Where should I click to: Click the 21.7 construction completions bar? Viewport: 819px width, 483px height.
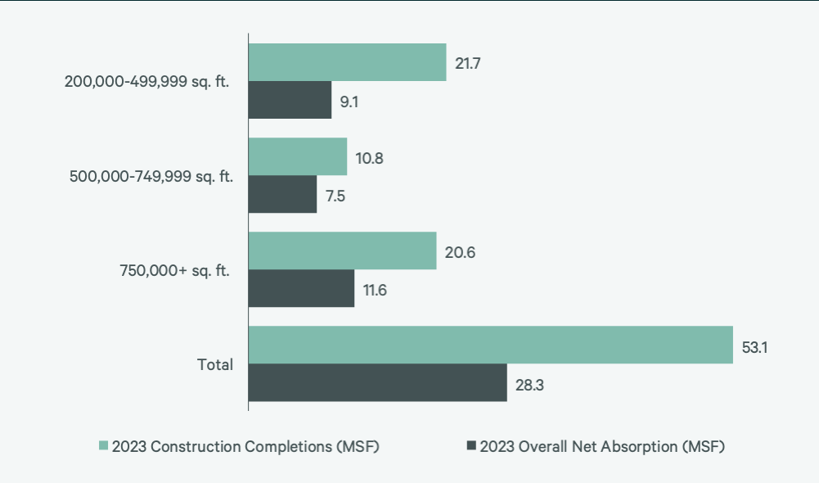tap(347, 62)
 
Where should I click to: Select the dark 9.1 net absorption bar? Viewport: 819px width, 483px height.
tap(290, 100)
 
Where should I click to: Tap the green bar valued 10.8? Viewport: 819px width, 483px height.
tap(298, 156)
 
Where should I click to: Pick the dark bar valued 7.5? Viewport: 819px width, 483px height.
tap(282, 194)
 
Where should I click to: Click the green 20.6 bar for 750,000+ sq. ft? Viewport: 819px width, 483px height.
tap(342, 251)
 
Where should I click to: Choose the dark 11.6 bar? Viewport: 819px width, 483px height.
tap(301, 288)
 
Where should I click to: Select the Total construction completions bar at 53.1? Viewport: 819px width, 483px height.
tap(490, 345)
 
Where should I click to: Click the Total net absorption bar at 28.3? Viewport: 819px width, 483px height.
tap(377, 382)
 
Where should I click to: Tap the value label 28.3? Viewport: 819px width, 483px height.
tap(529, 383)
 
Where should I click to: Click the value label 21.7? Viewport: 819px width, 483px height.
tap(467, 63)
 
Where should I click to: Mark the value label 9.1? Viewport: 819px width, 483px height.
tap(350, 101)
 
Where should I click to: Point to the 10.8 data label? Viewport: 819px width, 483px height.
tap(368, 157)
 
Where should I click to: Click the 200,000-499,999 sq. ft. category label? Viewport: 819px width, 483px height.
tap(147, 82)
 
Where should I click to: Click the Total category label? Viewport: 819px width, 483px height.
tap(215, 364)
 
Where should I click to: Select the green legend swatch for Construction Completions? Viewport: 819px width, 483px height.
tap(103, 446)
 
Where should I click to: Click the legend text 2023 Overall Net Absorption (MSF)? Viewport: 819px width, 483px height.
tap(602, 446)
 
